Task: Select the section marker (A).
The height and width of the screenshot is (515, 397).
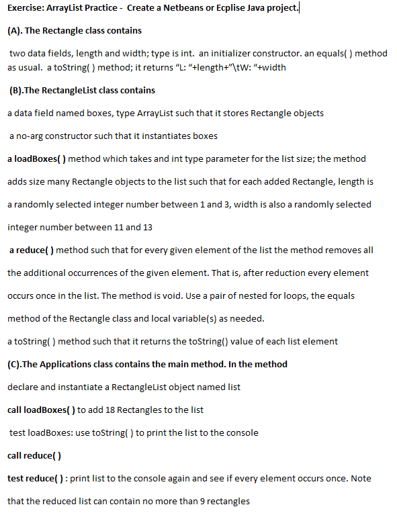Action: pos(14,31)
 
